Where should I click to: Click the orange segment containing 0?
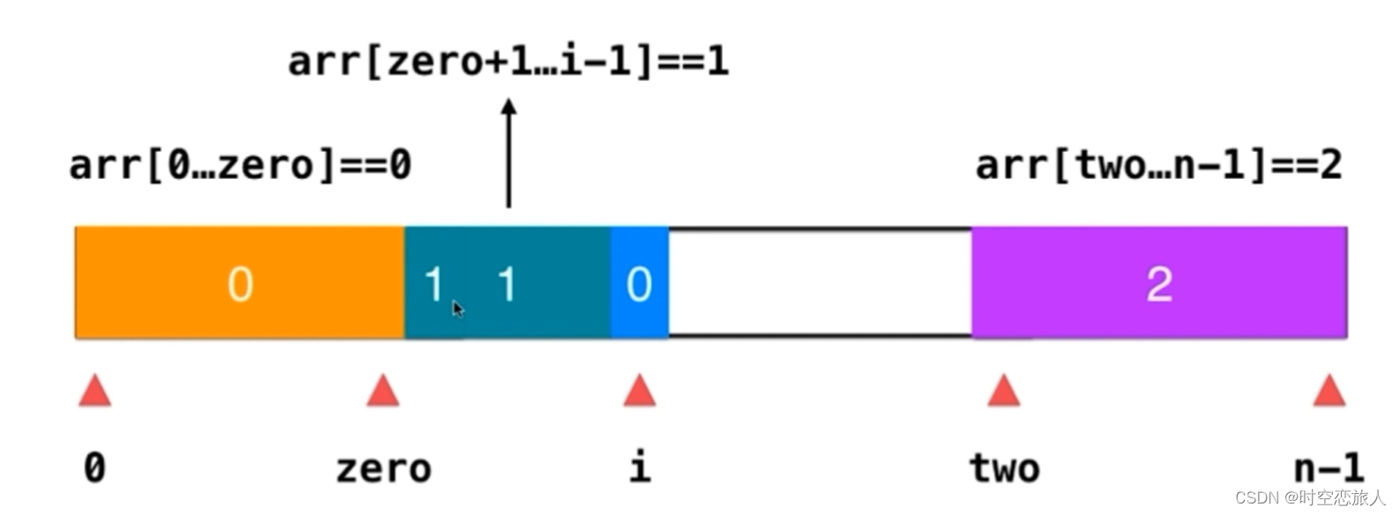coord(239,283)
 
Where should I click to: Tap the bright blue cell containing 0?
coord(639,283)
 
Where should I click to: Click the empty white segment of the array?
coord(819,283)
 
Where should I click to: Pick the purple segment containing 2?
coord(1158,283)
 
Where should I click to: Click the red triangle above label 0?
coord(95,391)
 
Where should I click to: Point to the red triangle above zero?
coord(383,391)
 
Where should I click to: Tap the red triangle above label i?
coord(639,391)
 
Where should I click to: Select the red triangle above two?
coord(1003,391)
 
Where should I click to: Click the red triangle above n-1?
coord(1329,391)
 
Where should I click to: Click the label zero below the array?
coord(384,468)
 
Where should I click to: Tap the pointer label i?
coord(640,466)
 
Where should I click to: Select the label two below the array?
coord(1004,467)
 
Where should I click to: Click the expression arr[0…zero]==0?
coord(240,165)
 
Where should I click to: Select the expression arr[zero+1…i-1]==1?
coord(509,61)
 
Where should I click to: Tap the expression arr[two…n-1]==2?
coord(1158,165)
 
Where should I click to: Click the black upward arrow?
coord(509,153)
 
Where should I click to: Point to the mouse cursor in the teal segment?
coord(458,309)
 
